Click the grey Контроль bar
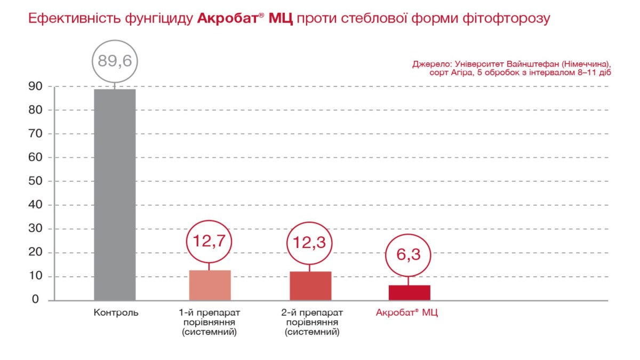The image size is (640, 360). click(x=115, y=195)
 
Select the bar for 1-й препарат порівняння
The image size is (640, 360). click(x=210, y=285)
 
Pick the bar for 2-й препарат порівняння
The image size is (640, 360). click(x=310, y=286)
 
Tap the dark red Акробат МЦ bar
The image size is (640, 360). click(x=409, y=293)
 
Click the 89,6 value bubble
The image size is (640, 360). click(x=115, y=60)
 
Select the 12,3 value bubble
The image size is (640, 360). click(x=309, y=243)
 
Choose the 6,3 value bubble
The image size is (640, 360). click(x=409, y=254)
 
